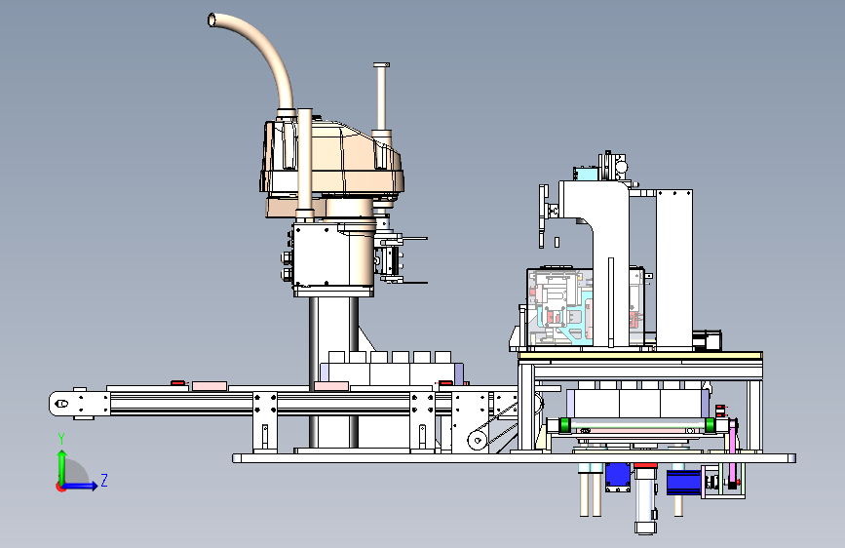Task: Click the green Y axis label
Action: point(61,438)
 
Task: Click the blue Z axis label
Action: point(104,480)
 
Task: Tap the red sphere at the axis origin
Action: point(60,487)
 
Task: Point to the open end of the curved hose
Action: point(211,20)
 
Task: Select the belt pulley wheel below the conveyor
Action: point(477,440)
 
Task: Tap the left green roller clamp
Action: point(564,424)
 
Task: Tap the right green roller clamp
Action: point(710,424)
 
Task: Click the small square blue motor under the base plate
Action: point(618,477)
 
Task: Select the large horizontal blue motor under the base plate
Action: point(684,483)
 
